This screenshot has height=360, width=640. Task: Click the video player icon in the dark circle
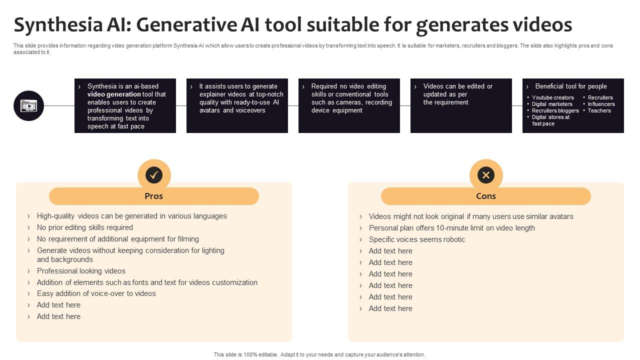pos(28,105)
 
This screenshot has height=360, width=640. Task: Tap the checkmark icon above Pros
pos(154,175)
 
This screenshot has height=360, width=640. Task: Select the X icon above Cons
pos(485,175)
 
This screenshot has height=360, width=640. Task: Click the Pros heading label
pos(154,196)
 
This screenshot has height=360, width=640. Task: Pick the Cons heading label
pos(485,196)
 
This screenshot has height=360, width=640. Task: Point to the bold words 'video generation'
pos(114,94)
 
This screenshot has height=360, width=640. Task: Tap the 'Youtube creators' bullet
pos(552,97)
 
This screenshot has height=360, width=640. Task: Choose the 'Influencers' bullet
pos(601,104)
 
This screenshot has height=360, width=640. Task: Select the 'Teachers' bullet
pos(599,110)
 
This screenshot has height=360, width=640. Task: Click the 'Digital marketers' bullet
pos(552,104)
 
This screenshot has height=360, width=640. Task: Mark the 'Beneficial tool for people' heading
pos(570,86)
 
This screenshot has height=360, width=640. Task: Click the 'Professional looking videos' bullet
pos(81,271)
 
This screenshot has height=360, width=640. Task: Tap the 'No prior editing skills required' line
pos(84,227)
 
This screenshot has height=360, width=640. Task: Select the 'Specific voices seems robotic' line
pos(416,239)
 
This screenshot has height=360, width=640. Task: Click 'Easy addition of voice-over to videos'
pos(96,293)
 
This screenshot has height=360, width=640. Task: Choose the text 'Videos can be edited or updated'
pos(457,90)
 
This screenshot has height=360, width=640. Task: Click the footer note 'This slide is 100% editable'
pos(319,354)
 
